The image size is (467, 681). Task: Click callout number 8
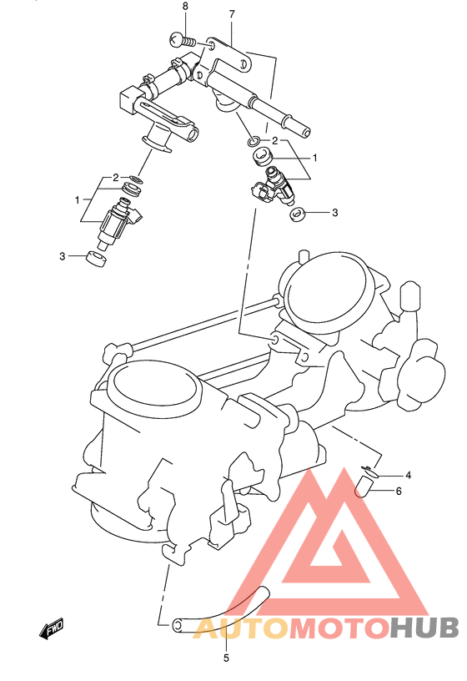[185, 7]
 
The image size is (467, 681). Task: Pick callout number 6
[399, 491]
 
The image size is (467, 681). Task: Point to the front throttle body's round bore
[156, 393]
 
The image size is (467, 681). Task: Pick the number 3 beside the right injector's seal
[334, 213]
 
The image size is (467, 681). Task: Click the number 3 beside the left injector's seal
[62, 256]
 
